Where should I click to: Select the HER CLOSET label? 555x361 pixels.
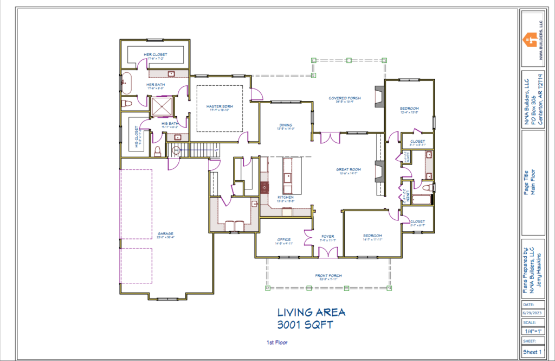(156, 55)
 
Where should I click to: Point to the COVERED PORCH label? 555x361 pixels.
(345, 98)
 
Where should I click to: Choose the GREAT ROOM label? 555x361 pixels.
(349, 169)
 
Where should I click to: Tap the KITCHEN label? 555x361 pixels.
(286, 197)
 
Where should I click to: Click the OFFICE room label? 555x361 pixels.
(283, 239)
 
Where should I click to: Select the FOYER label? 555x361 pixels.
(327, 236)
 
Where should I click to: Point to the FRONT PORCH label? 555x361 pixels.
(329, 276)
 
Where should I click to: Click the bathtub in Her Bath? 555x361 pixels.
(126, 84)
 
